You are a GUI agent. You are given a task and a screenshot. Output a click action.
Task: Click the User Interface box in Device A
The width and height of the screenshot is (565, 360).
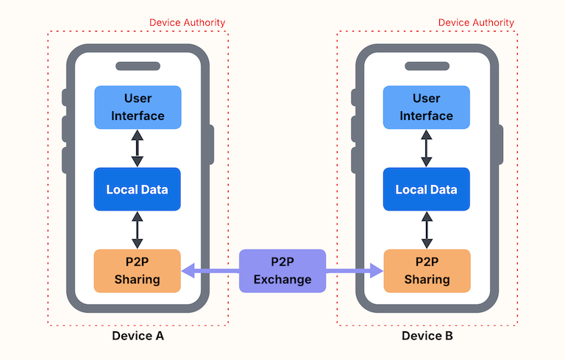click(x=138, y=107)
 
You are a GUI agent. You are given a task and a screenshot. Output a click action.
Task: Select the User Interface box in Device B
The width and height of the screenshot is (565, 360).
click(x=427, y=107)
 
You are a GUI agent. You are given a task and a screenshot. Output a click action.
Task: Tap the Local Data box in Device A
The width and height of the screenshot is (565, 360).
click(x=138, y=189)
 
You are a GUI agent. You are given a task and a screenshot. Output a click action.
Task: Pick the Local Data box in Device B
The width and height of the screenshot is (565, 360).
click(x=427, y=189)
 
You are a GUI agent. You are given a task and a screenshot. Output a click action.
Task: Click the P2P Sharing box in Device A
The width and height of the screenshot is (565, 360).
click(x=138, y=271)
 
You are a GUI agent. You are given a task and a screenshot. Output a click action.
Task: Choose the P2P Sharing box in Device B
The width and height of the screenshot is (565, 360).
click(x=427, y=271)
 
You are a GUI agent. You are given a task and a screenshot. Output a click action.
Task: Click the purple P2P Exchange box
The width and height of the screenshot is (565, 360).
click(x=282, y=271)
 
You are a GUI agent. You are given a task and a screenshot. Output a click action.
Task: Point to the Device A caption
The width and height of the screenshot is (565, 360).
click(x=138, y=336)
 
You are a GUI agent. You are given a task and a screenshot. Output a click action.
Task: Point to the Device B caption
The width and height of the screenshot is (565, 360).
click(x=427, y=336)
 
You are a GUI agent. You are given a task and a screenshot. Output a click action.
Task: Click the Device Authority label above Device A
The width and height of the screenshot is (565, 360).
click(x=187, y=23)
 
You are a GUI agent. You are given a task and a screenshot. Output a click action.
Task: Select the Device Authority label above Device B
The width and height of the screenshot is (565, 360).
click(x=476, y=23)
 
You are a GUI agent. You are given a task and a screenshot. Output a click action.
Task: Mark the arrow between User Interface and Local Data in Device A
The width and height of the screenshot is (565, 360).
click(x=137, y=148)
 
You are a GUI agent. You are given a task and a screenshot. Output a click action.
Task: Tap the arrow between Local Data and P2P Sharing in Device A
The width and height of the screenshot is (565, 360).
click(x=137, y=230)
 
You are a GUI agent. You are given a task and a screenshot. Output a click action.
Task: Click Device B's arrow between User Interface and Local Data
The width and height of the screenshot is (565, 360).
click(x=426, y=148)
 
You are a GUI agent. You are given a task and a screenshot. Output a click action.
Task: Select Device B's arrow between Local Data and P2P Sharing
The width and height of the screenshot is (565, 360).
click(x=426, y=230)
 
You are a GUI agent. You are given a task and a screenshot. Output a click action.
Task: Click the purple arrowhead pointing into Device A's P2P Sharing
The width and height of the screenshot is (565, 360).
click(x=188, y=271)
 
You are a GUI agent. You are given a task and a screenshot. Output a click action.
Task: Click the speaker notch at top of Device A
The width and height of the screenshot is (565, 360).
click(x=138, y=66)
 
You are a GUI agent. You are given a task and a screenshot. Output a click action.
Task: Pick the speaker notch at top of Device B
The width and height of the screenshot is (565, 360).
click(x=427, y=66)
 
